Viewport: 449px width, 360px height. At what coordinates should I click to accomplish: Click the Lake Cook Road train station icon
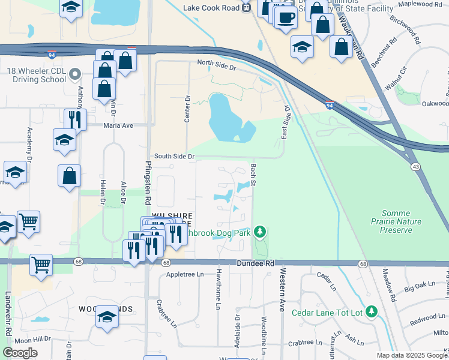[246, 7]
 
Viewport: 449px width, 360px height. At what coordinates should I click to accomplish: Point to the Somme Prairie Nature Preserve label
[401, 221]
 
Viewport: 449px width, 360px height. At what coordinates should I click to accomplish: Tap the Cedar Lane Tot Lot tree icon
[372, 312]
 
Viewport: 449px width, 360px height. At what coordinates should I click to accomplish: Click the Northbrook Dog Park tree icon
[259, 231]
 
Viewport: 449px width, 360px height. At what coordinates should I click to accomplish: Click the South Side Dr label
[175, 156]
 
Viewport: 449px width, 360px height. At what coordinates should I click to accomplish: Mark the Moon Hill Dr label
[32, 340]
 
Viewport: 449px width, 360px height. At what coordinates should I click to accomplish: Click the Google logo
[20, 353]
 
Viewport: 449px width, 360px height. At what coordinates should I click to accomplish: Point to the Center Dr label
[187, 108]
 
